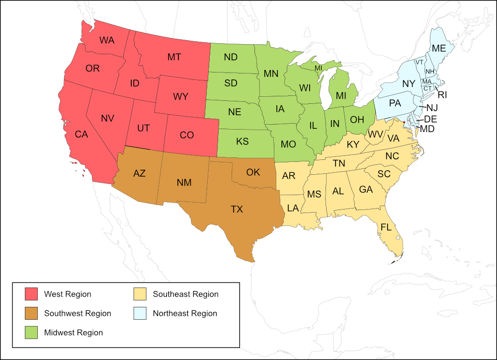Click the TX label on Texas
click(x=237, y=209)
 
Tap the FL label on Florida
click(x=386, y=227)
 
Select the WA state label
click(x=107, y=40)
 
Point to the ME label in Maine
click(x=438, y=48)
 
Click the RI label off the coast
click(x=442, y=94)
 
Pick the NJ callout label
click(x=432, y=108)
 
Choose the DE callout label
click(x=430, y=119)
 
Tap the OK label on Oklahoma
click(x=253, y=172)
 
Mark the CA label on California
click(x=82, y=134)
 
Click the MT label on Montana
click(x=174, y=57)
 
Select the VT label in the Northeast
click(x=419, y=62)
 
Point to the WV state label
click(x=375, y=135)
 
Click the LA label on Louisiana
click(x=292, y=208)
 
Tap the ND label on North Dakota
click(x=231, y=57)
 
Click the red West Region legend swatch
click(x=31, y=294)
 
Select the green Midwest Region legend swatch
click(x=31, y=333)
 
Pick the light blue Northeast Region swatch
click(x=140, y=313)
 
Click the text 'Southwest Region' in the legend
click(x=78, y=313)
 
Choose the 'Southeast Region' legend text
click(x=185, y=294)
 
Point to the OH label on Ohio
click(x=357, y=119)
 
